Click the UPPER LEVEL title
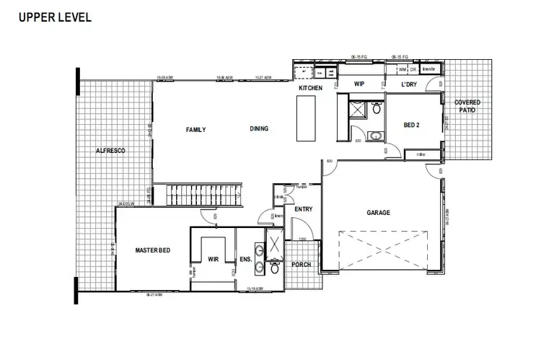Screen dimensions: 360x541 [55, 17]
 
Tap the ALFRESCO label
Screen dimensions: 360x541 [111, 151]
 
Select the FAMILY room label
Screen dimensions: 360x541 [195, 130]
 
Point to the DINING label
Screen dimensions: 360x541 [259, 129]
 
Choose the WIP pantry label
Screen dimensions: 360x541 [359, 85]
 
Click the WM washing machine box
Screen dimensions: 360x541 [402, 69]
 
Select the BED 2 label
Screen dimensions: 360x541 [411, 125]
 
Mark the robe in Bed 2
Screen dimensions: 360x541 [420, 154]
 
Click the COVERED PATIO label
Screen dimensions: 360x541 [467, 107]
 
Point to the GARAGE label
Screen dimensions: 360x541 [378, 213]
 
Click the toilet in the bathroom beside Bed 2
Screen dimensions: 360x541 [375, 108]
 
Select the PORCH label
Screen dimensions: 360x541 [301, 265]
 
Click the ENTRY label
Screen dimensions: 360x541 [302, 209]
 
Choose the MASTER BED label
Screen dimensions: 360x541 [152, 250]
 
